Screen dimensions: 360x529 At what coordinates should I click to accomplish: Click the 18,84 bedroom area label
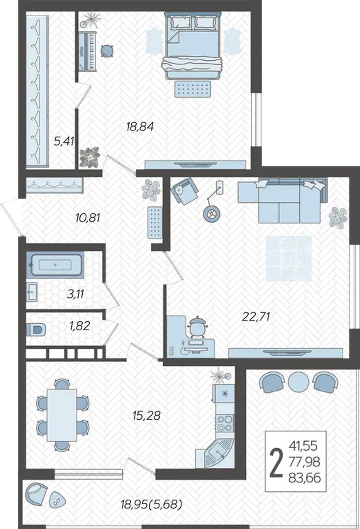(x=140, y=126)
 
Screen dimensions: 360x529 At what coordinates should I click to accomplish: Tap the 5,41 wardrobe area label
(x=64, y=141)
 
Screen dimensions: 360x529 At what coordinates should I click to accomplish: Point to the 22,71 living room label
(x=257, y=316)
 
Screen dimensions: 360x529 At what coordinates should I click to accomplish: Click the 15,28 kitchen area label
(x=146, y=415)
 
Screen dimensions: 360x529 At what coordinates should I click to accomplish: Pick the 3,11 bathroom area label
(x=75, y=294)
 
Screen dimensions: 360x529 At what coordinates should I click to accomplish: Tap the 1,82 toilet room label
(x=80, y=326)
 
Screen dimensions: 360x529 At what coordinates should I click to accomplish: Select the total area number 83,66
(x=305, y=478)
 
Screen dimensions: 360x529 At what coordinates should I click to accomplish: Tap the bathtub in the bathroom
(x=55, y=265)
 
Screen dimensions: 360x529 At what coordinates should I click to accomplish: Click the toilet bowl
(x=36, y=329)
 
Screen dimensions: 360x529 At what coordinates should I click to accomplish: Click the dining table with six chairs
(x=62, y=415)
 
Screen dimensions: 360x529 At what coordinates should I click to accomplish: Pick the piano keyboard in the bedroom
(x=88, y=51)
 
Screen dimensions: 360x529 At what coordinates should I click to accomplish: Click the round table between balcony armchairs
(x=299, y=381)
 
